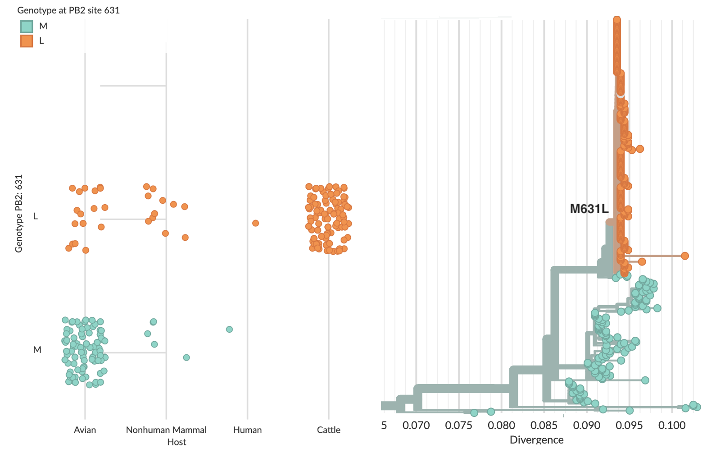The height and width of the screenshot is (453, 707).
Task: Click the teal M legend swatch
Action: tap(27, 27)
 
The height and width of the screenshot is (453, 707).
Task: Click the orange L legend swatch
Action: tap(27, 41)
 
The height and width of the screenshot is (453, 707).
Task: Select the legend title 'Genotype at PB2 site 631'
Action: tap(68, 10)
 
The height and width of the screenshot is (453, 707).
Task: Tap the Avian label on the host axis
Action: tap(85, 430)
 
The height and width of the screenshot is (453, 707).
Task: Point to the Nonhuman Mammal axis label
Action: tap(166, 430)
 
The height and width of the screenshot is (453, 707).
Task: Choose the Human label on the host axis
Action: tap(247, 430)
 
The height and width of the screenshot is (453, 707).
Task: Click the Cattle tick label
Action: tap(328, 430)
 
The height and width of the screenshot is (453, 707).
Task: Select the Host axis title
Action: tap(177, 442)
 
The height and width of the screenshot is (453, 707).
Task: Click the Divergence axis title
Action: tap(536, 440)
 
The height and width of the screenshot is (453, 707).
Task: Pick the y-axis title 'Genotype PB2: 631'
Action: tap(19, 214)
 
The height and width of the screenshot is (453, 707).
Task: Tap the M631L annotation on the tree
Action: tap(589, 209)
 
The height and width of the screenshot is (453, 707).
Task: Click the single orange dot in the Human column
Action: tap(255, 223)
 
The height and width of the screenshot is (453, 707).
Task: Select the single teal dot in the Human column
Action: tap(229, 329)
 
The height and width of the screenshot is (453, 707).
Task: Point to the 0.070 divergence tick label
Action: tap(416, 426)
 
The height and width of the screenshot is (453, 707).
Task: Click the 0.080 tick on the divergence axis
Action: tap(501, 426)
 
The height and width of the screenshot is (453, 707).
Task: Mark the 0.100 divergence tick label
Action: tap(672, 426)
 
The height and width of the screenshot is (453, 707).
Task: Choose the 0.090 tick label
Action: tap(587, 426)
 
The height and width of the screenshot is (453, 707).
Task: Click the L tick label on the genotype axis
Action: tap(36, 216)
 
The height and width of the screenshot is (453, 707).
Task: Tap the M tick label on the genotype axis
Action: tap(37, 350)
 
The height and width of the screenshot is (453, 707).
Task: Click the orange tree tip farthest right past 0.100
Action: tap(684, 256)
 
